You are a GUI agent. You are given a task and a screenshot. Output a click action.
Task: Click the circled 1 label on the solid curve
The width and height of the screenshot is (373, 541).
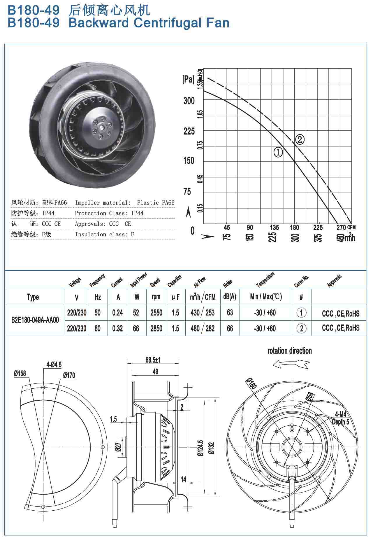tap(278, 152)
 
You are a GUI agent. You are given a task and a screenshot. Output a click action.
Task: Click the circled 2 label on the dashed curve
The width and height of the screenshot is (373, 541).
tap(300, 140)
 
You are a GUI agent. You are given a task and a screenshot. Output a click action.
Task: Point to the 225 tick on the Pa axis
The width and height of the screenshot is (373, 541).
tap(189, 131)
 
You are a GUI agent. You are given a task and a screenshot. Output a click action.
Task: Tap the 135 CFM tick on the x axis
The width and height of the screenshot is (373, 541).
tap(275, 227)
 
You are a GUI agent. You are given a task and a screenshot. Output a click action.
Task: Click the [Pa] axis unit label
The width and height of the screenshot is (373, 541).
tap(188, 79)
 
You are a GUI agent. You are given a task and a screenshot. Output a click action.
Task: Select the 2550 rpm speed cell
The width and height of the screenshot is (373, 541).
tap(156, 313)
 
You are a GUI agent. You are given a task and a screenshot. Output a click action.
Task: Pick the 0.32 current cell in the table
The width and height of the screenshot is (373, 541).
tap(117, 329)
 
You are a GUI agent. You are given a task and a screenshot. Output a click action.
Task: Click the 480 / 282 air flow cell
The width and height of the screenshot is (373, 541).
tap(202, 329)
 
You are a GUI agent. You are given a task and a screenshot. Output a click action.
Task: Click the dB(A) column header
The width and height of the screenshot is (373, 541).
tap(230, 297)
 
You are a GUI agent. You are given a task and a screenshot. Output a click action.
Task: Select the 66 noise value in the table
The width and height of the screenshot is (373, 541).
tap(230, 329)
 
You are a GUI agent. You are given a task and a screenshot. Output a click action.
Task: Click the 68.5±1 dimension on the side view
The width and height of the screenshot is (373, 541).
tap(153, 360)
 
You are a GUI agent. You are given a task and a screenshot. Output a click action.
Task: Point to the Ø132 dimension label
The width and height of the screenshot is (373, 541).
tap(212, 448)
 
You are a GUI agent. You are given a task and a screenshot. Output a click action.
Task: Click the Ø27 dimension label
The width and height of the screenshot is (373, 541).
tap(118, 447)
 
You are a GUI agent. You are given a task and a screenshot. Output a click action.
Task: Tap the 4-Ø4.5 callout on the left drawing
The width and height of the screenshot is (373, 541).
tap(54, 364)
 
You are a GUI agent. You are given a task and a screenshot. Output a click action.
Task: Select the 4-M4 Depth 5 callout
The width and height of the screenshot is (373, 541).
tap(340, 418)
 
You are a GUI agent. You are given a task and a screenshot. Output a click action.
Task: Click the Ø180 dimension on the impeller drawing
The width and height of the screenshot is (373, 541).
tap(251, 383)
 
